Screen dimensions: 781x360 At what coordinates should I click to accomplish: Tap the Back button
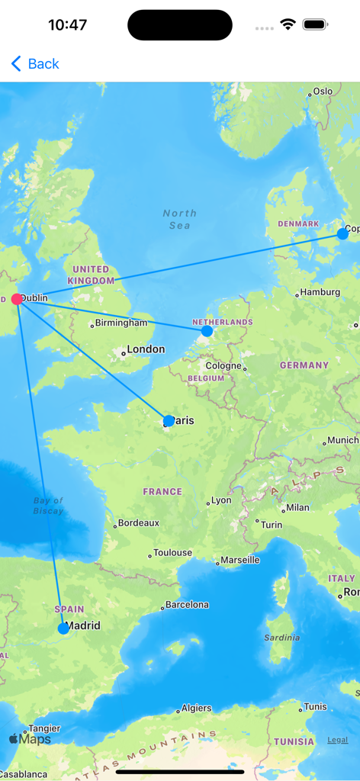pos(35,64)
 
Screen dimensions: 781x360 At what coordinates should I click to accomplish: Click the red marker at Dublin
pos(17,299)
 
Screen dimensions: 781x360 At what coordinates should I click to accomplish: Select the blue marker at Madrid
pos(63,628)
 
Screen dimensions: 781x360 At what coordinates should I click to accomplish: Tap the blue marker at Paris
pos(169,420)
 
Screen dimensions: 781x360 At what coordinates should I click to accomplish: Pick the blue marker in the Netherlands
pos(207,331)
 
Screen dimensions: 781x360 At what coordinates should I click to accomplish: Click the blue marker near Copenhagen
pos(342,234)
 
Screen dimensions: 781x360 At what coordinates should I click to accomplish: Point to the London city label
pos(145,349)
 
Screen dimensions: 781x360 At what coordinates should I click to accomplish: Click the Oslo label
pos(322,92)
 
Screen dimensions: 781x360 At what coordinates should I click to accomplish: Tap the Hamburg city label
pos(320,292)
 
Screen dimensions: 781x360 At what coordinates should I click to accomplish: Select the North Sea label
pos(179,220)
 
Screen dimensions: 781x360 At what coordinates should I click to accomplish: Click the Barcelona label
pos(187,605)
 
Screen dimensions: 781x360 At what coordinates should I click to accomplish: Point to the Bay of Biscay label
pos(48,506)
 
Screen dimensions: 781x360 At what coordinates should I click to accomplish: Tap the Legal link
pos(337,740)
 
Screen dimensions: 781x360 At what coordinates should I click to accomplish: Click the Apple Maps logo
pos(30,739)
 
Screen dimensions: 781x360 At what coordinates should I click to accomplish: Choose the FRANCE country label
pos(162,492)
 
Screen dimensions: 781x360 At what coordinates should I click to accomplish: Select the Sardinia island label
pos(281,638)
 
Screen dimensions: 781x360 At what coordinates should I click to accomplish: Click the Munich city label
pos(341,440)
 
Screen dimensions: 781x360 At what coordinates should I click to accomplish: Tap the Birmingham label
pos(121,323)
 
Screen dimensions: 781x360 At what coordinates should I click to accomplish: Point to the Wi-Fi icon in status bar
pos(288,25)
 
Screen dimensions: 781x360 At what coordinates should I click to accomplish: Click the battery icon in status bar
pos(315,25)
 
